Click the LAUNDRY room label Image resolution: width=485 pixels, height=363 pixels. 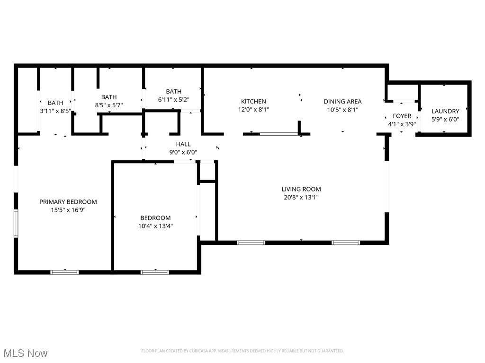point(445,112)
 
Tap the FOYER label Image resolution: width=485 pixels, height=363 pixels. point(402,116)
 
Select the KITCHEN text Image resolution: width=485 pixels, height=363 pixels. point(253,102)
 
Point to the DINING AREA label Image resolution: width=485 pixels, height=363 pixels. point(342,102)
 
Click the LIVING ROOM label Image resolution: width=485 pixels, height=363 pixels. point(301,189)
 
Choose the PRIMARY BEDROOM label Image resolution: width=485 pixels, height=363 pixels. point(68,202)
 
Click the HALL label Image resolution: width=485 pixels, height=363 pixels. point(183,144)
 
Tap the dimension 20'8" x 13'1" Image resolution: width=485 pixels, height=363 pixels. point(301,198)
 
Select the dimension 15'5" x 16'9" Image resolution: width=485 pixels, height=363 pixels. point(68,210)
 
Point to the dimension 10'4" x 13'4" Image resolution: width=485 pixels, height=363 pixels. point(155,226)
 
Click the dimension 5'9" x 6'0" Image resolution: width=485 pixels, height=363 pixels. point(445,120)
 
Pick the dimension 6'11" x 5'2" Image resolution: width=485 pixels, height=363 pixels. point(173,100)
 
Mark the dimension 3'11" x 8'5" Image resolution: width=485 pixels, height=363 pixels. point(55,111)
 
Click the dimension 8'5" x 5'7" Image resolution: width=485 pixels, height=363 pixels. point(109,105)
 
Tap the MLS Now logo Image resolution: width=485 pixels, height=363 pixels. point(26,353)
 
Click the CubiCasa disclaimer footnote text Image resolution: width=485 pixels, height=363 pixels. point(242,351)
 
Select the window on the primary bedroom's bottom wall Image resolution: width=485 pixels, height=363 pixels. point(65,272)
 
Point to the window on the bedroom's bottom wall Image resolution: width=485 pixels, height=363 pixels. point(155,272)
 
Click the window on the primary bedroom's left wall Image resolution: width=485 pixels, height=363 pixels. point(16,223)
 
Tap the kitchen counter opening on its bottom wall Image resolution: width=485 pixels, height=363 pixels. point(278,134)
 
